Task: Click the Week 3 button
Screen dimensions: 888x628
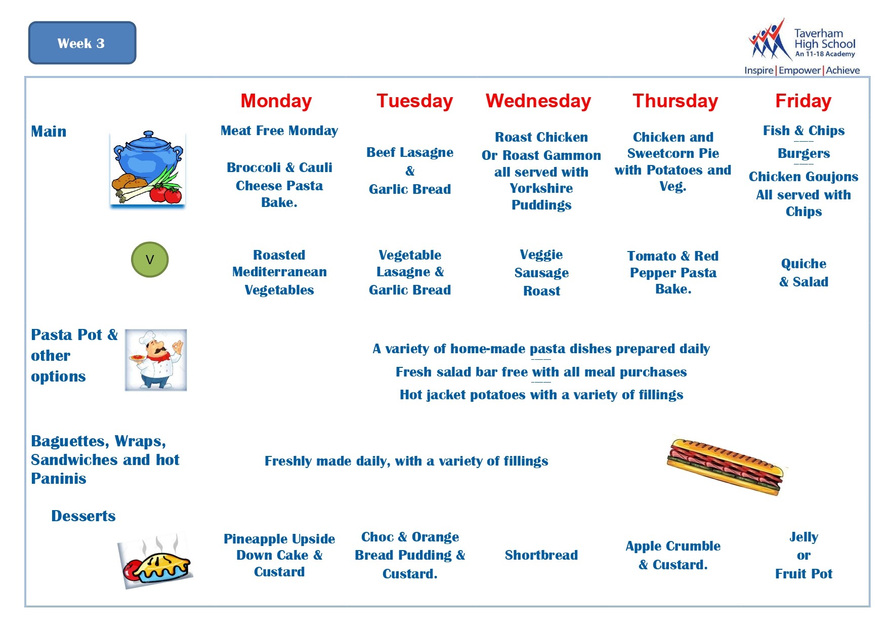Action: (x=82, y=43)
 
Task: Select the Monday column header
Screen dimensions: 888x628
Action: (x=276, y=101)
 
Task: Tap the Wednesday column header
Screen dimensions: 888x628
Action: (x=538, y=101)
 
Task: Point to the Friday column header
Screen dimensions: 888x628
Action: (x=804, y=101)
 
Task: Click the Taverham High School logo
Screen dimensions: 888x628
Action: (x=802, y=47)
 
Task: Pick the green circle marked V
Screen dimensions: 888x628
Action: (x=150, y=260)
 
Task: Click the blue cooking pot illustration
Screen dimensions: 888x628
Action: (x=147, y=169)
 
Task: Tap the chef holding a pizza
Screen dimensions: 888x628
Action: (x=156, y=360)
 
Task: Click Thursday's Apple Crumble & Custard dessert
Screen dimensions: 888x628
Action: (x=673, y=555)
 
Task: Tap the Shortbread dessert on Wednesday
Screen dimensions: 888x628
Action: (x=541, y=555)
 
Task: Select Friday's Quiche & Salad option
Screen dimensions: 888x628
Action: (x=804, y=272)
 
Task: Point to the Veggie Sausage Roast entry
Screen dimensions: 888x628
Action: (x=541, y=272)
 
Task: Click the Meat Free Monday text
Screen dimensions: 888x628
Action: (x=279, y=131)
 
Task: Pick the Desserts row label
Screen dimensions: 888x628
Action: (x=83, y=516)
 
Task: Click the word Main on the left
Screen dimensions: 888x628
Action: (x=49, y=131)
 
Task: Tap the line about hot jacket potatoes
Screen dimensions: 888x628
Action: (x=541, y=395)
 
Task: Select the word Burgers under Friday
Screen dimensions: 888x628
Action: (x=804, y=153)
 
